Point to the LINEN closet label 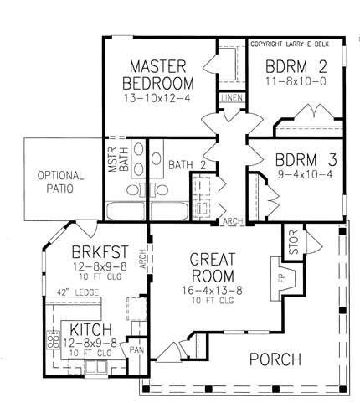coord(231,98)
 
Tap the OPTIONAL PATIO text coord(60,182)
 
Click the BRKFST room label coord(98,251)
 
